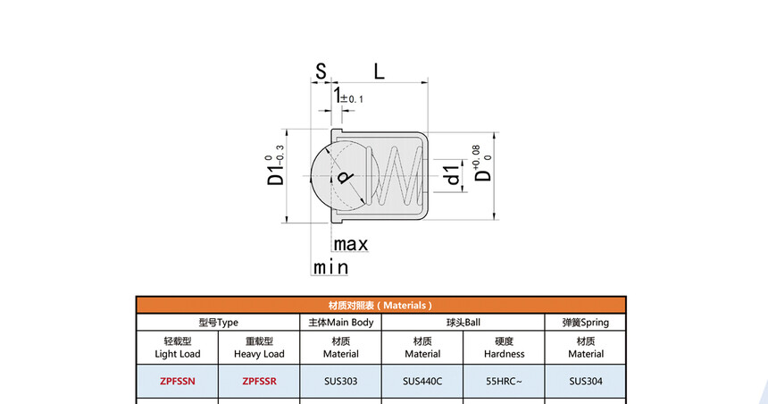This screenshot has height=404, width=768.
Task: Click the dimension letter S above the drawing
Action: tap(321, 72)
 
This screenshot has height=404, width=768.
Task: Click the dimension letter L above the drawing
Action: tap(380, 72)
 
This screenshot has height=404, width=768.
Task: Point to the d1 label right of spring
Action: tap(452, 175)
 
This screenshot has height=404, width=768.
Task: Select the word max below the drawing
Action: tap(351, 244)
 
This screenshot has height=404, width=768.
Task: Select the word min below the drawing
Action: tap(330, 268)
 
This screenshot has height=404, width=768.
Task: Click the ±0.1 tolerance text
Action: tap(352, 99)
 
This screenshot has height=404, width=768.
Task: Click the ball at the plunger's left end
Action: tap(339, 176)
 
